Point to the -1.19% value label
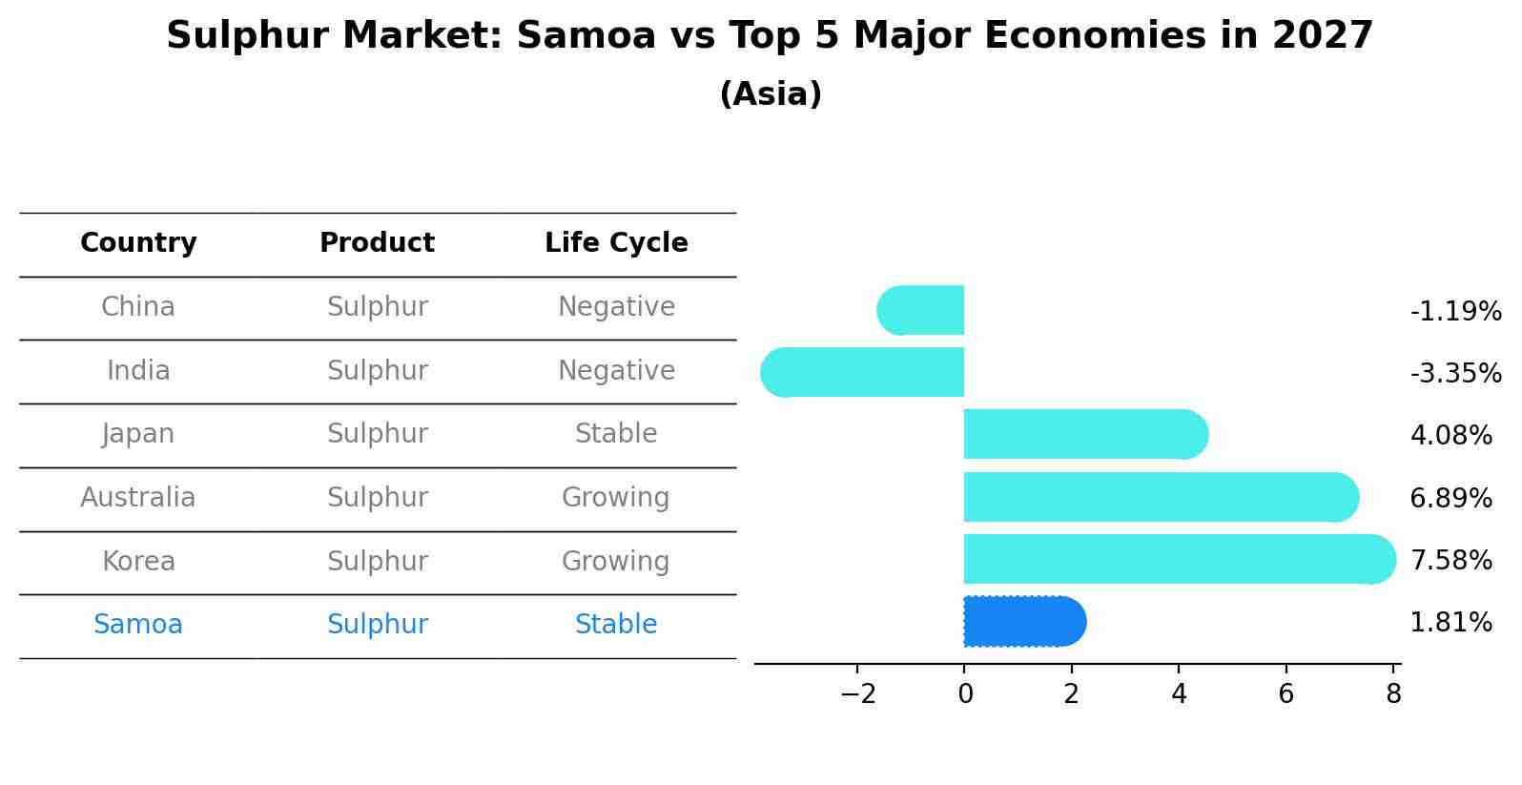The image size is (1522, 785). click(x=1455, y=312)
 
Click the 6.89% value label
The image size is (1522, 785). click(x=1450, y=498)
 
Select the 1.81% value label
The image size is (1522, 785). click(x=1450, y=623)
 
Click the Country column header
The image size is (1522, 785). click(x=138, y=243)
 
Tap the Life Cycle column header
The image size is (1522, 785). click(x=616, y=243)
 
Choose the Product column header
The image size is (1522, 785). click(x=377, y=243)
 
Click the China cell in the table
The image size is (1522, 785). click(x=138, y=307)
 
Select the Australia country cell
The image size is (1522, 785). click(x=138, y=498)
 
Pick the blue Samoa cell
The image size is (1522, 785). click(x=138, y=625)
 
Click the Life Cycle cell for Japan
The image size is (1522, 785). click(x=616, y=434)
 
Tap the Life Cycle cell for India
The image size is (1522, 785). click(x=616, y=370)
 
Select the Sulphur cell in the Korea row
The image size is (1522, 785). click(x=377, y=561)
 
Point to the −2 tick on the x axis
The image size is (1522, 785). click(x=857, y=694)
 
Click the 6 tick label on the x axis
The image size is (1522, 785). click(x=1285, y=694)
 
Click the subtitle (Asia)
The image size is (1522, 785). click(x=771, y=94)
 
